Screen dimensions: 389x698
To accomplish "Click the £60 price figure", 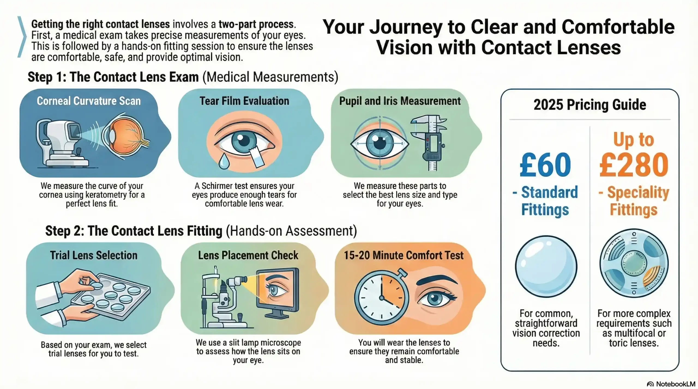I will tap(545, 165).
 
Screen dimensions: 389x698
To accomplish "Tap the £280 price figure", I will tap(634, 165).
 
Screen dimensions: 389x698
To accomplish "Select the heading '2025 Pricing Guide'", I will tap(589, 105).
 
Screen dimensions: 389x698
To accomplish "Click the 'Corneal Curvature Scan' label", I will tap(89, 101).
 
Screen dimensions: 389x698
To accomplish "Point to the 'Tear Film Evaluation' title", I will tap(244, 101).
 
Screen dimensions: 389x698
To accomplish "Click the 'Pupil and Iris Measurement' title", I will tap(400, 101).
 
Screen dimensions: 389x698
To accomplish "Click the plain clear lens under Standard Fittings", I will tap(546, 266).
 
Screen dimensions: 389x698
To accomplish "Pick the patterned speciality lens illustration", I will tap(634, 264).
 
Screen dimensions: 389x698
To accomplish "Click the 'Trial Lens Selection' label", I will tap(94, 255).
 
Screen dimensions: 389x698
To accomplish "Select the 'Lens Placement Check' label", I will tap(248, 255).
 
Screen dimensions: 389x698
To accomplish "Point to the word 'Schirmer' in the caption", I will tap(221, 186).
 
